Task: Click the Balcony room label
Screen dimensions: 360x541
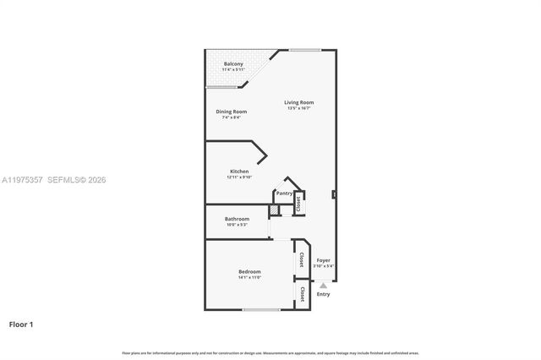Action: click(x=234, y=64)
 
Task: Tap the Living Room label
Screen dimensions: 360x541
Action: click(x=299, y=102)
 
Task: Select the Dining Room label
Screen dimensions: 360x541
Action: click(x=231, y=112)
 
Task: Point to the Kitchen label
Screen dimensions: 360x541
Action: click(x=239, y=172)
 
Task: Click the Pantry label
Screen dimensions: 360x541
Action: click(x=284, y=193)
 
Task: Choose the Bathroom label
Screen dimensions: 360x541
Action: click(x=237, y=219)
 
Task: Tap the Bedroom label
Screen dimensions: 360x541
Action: click(x=249, y=271)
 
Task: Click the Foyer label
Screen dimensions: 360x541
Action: click(x=324, y=260)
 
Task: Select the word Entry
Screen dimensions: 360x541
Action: click(x=324, y=294)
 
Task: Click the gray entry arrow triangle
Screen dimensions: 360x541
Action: click(x=323, y=286)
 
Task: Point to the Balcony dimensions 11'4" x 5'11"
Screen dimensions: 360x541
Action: click(x=234, y=70)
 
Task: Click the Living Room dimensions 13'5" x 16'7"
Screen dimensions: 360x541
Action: click(x=299, y=108)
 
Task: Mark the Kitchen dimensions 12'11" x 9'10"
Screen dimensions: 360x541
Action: click(x=239, y=177)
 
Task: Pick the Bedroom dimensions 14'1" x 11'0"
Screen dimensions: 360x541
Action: click(x=249, y=277)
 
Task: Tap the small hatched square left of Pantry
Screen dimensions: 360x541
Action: click(x=274, y=208)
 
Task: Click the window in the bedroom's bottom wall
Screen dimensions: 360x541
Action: click(x=261, y=309)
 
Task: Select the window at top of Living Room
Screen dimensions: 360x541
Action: click(x=304, y=50)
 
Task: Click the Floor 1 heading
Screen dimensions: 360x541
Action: click(x=21, y=324)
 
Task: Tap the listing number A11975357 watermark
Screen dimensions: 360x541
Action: click(x=23, y=180)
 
